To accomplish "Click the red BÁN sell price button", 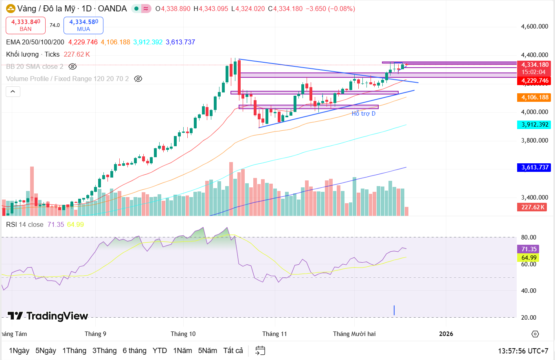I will (26, 25).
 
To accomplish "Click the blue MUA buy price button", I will (83, 25).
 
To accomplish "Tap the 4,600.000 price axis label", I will (534, 26).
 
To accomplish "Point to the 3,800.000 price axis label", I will (534, 140).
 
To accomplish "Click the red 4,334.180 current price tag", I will (533, 64).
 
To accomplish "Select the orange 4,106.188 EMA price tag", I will (533, 97).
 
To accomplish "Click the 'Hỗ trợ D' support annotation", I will (364, 114).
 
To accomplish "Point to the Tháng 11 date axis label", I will (274, 334).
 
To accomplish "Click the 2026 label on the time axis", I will (446, 334).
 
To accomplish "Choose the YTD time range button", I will (160, 351).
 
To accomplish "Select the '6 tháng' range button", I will (134, 351).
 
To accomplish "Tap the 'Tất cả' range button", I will (233, 351).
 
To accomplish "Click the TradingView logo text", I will (48, 316).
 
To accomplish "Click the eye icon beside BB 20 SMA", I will (72, 66).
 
